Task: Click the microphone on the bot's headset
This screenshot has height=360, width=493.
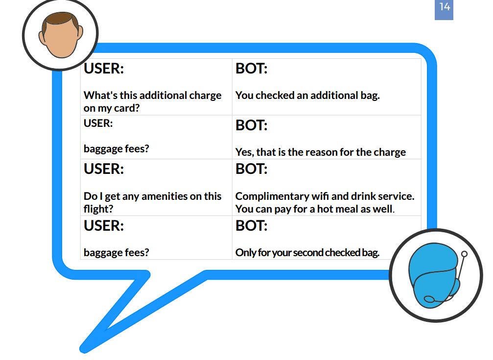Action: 429,299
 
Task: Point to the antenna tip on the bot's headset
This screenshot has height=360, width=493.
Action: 464,254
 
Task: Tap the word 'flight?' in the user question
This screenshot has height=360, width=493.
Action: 98,209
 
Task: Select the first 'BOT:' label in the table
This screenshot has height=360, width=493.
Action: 251,69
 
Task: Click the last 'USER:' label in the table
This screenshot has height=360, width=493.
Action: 104,226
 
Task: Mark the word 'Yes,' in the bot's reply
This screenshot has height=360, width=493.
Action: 244,152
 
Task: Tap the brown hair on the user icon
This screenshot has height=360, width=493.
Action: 60,20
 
